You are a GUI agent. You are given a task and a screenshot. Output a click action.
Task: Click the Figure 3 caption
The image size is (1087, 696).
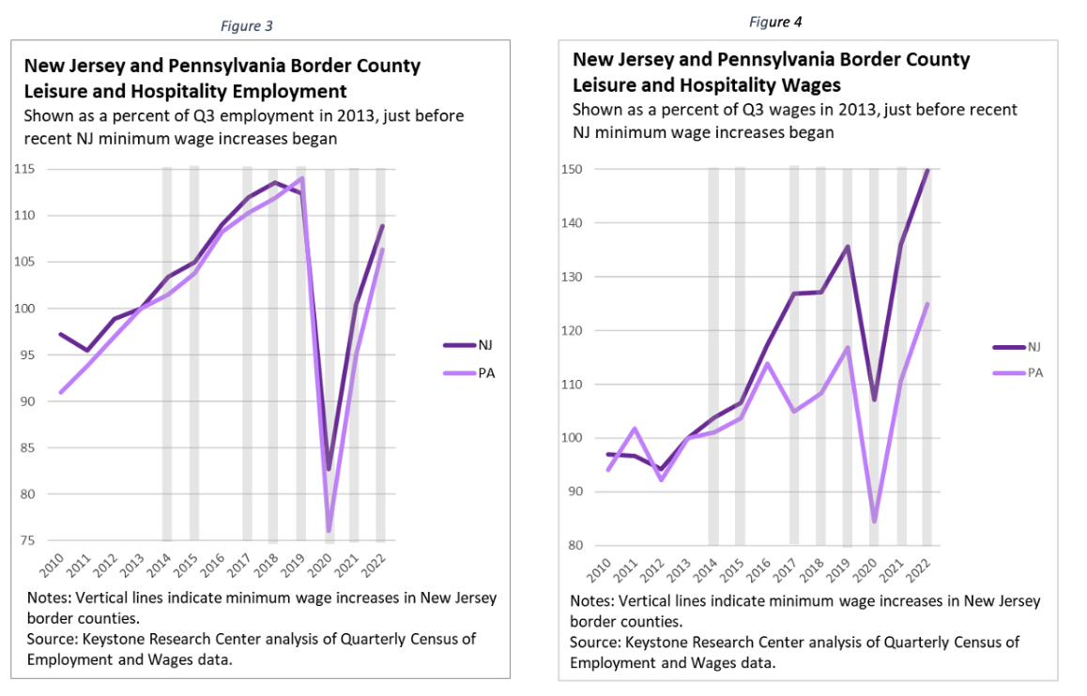pos(246,26)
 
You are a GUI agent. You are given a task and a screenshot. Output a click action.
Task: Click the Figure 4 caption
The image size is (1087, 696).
pos(776,22)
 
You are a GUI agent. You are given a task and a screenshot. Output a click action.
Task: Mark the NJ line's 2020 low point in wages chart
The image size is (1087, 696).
pos(874,400)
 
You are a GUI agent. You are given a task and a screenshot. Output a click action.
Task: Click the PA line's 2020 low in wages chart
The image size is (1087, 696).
pos(874,521)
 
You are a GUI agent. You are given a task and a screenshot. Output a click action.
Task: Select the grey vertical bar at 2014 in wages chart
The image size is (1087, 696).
pos(713,356)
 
